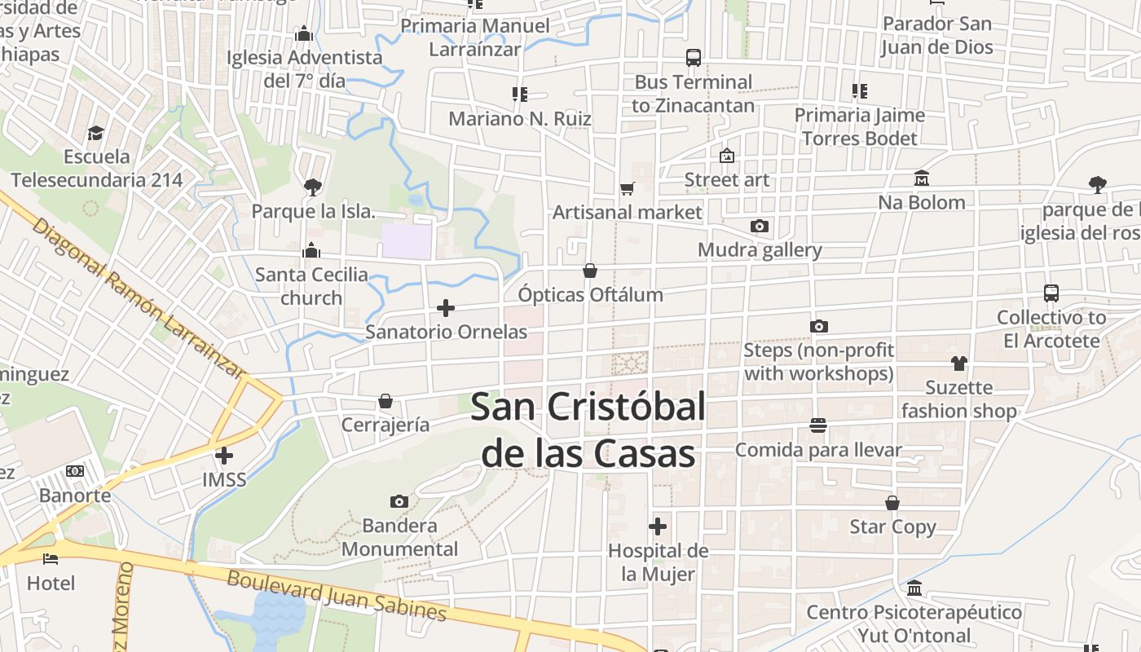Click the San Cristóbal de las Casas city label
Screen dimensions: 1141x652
[587, 430]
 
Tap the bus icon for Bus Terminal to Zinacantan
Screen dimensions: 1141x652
[694, 58]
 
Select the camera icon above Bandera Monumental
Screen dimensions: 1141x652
[399, 501]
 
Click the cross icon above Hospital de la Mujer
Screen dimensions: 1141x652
[658, 526]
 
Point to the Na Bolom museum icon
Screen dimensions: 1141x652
[922, 178]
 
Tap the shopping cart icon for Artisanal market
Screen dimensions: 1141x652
[627, 188]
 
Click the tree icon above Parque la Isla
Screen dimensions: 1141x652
[312, 187]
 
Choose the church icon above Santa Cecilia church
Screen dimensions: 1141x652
[311, 250]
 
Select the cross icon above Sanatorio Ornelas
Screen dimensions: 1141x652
[445, 308]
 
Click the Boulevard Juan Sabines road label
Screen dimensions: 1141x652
[337, 596]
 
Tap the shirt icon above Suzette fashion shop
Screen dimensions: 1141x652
[958, 363]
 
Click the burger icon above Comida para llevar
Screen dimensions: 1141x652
[818, 425]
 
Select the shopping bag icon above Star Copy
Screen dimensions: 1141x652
[892, 503]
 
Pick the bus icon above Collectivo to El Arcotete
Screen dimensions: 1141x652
[1051, 293]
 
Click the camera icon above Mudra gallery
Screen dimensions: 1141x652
[760, 226]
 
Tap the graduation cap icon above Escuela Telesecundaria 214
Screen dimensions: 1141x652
[96, 133]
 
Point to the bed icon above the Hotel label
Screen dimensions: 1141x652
[51, 559]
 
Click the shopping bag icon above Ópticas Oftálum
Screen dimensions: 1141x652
[590, 271]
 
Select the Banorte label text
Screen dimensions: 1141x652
[75, 495]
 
